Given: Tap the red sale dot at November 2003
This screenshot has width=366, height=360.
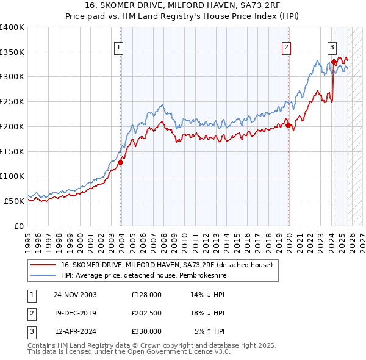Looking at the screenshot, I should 121,162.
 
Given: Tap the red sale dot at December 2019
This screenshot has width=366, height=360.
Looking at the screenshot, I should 289,126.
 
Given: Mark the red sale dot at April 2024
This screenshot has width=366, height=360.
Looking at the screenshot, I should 334,62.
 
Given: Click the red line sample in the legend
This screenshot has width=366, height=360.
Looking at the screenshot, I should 44,265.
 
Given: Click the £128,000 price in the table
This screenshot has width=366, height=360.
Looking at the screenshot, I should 146,295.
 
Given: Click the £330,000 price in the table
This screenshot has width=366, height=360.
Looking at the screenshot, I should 146,331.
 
